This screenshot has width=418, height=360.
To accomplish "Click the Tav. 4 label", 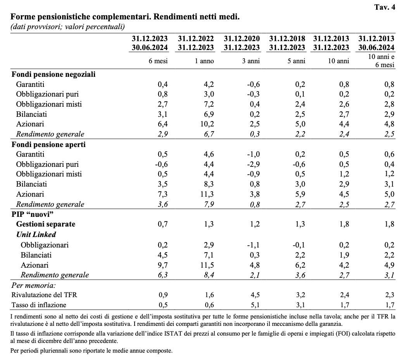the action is [385, 7].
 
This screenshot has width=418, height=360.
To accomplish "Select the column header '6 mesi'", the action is [158, 61].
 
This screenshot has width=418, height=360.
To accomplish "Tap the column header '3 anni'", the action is [250, 61].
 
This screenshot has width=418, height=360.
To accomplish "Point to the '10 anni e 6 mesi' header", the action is [381, 61].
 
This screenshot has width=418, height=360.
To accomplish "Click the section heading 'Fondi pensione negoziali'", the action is [54, 74].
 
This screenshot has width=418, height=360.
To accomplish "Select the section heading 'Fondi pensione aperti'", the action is [48, 144].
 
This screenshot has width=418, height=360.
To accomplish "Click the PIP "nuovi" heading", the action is [33, 214].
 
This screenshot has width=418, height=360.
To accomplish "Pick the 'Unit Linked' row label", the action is [36, 234].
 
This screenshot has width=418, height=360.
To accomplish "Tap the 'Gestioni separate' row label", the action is [46, 224].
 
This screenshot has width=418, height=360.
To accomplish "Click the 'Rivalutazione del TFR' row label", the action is [44, 295].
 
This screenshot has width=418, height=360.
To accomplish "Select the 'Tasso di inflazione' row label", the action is [39, 305].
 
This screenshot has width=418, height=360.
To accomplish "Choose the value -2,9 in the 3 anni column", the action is [253, 164].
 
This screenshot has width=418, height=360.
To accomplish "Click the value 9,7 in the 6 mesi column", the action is [162, 265].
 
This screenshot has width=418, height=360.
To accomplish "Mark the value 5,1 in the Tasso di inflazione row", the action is [255, 305].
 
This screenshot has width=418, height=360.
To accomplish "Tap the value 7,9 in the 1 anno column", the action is [209, 204].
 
